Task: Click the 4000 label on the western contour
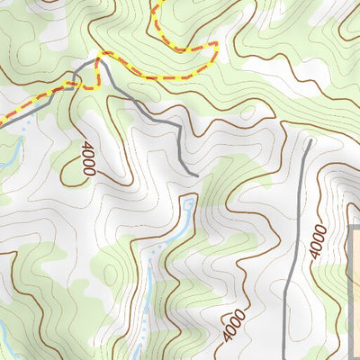click(x=87, y=158)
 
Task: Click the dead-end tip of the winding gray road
click(x=196, y=174)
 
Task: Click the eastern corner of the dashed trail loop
click(x=216, y=44)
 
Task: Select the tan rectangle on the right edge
click(x=354, y=288)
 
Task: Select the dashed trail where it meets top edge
click(x=154, y=3)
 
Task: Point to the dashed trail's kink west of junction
click(x=86, y=85)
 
